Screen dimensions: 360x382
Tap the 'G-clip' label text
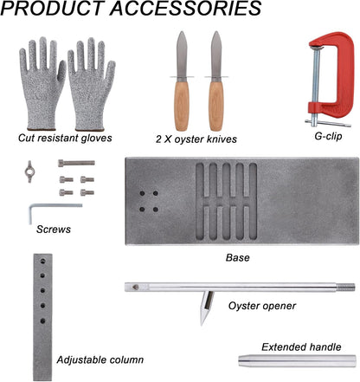tap(328, 135)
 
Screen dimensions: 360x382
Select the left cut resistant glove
tap(42, 84)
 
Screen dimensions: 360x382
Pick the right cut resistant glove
tap(91, 84)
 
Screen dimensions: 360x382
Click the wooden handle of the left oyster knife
tap(182, 106)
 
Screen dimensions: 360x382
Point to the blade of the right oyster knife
tap(216, 55)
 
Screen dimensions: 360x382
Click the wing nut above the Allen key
tap(29, 172)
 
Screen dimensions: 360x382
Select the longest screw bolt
tap(76, 163)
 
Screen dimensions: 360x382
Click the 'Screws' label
tap(54, 230)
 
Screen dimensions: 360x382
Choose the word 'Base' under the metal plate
tap(237, 257)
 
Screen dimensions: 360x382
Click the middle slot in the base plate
tap(227, 202)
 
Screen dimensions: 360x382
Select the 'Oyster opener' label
tap(262, 306)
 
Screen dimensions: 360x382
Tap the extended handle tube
tap(297, 361)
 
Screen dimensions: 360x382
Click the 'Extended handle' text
tap(301, 346)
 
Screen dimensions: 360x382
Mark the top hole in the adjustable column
tap(43, 262)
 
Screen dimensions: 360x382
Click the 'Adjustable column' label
tap(100, 359)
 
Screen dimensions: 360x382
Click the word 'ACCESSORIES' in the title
tap(185, 8)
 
